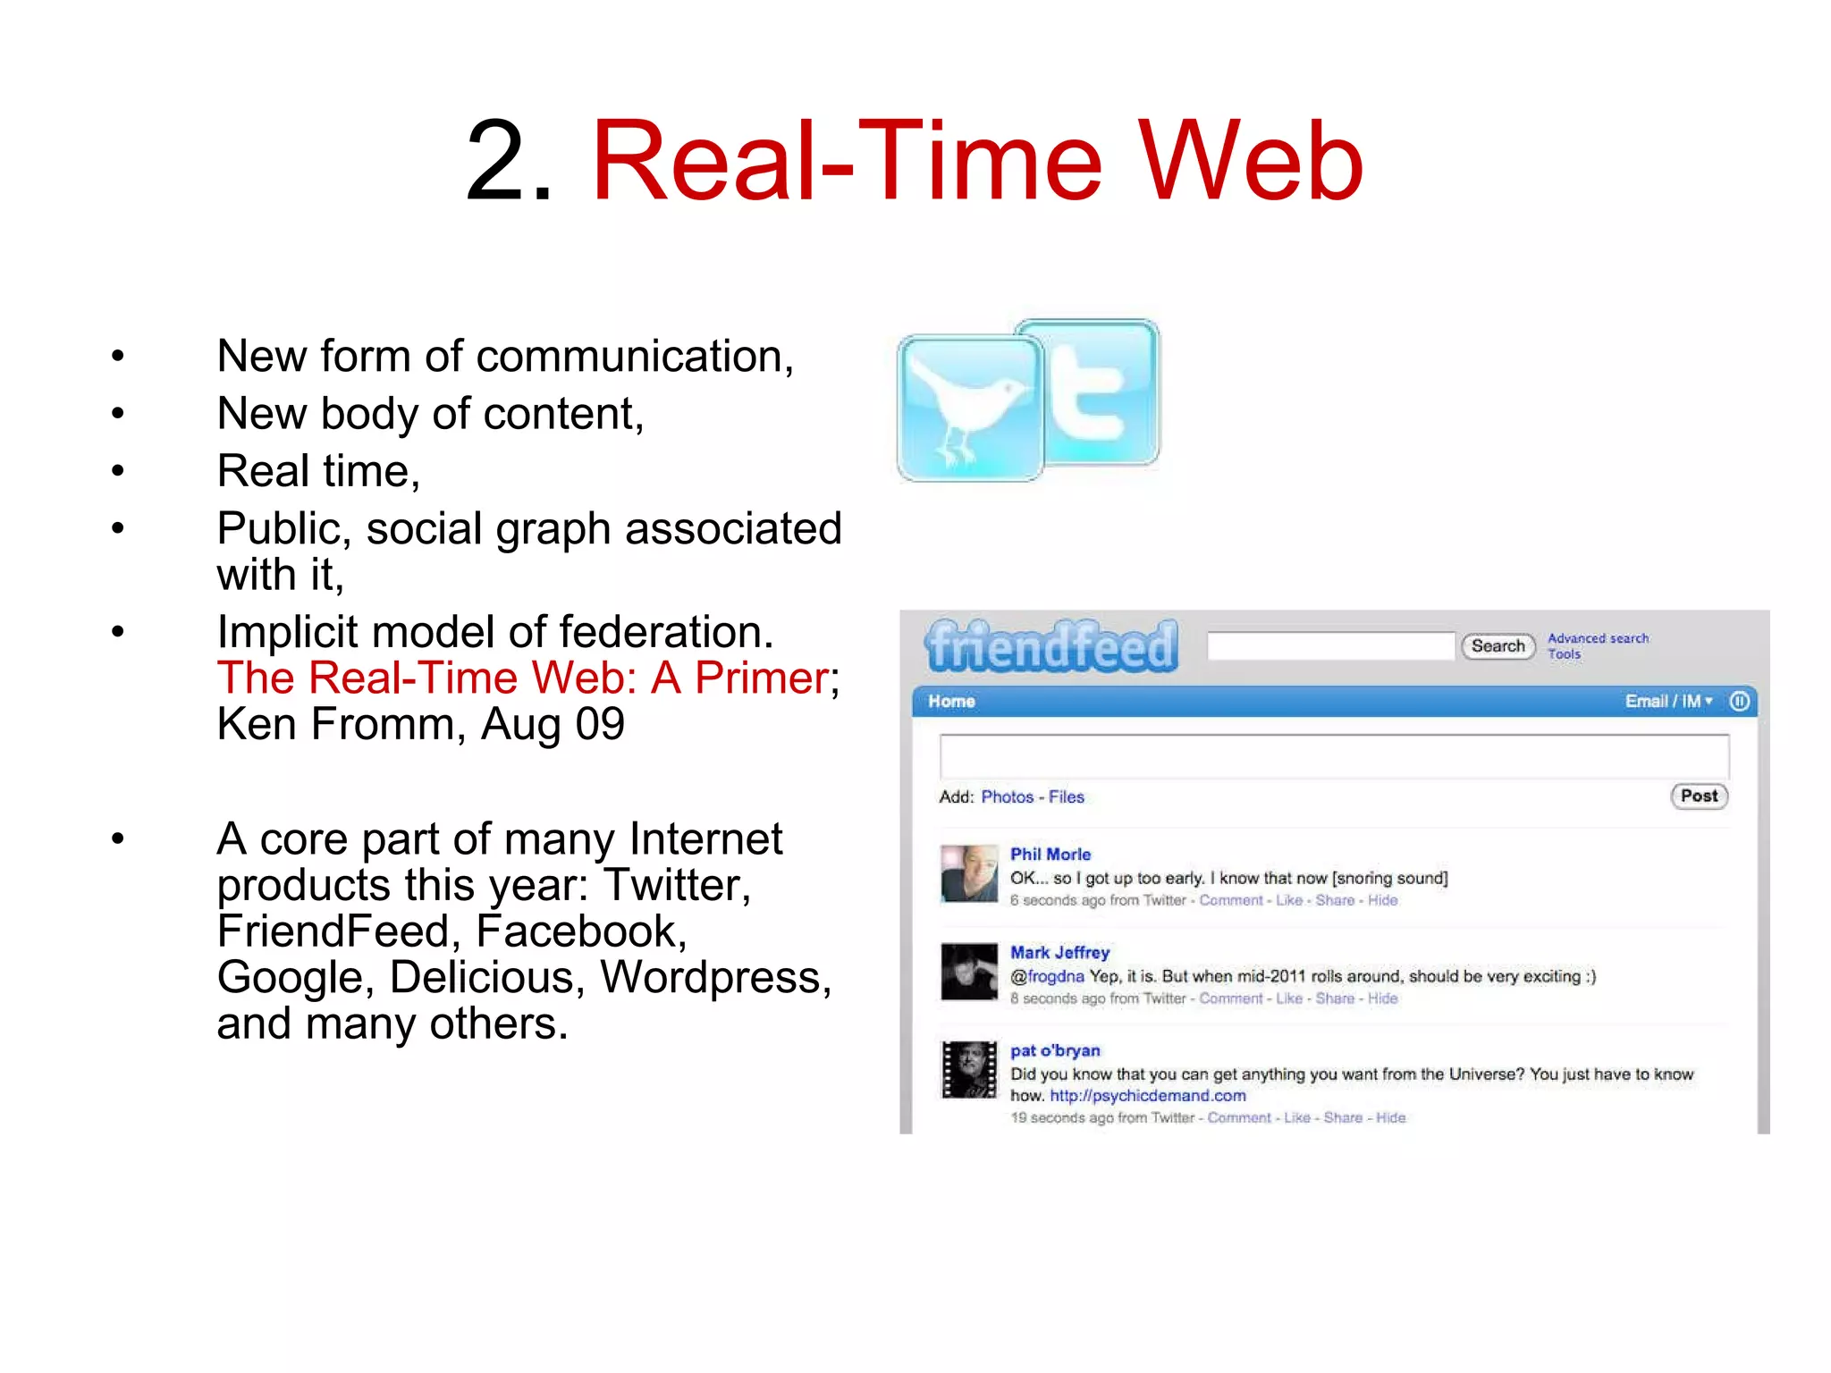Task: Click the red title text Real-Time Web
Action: pos(976,163)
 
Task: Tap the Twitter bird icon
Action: pos(969,409)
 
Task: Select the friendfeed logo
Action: pos(1051,645)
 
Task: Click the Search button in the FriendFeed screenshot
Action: pos(1498,645)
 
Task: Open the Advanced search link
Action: pos(1598,638)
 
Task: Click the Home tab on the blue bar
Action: pos(951,702)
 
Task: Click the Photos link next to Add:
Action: pos(1007,796)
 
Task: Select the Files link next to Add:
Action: pos(1066,796)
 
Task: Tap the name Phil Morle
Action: pos(1051,854)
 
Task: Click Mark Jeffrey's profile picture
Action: pos(969,972)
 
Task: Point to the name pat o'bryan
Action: pos(1055,1050)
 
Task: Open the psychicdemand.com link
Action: pos(1147,1096)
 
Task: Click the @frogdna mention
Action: pos(1047,976)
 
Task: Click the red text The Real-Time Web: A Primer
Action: pos(524,678)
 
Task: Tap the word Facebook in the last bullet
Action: pos(581,931)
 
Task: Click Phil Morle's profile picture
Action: pos(969,873)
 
